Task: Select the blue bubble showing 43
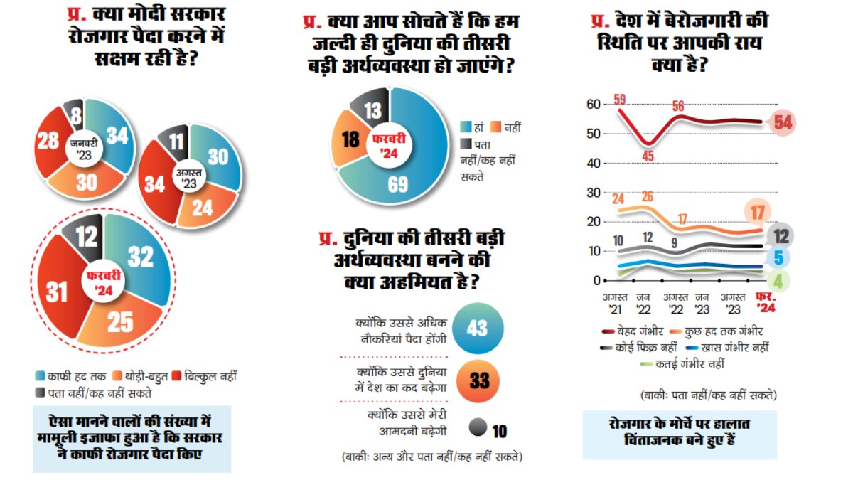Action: tap(477, 328)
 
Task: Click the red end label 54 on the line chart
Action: tap(783, 122)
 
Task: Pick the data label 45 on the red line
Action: tap(648, 155)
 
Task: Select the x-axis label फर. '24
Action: tap(766, 303)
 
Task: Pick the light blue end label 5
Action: tap(778, 258)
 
